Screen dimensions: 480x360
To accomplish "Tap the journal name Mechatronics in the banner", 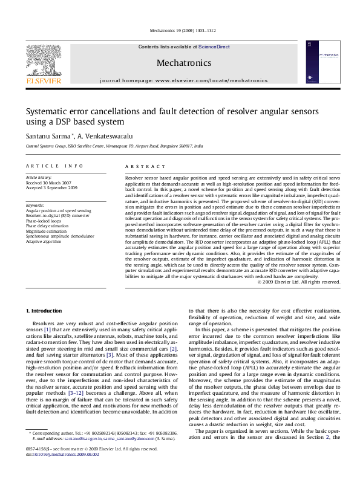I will [183, 62].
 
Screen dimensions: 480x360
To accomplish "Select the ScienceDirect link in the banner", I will [214, 47].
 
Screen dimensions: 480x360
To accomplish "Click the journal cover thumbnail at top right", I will [320, 63].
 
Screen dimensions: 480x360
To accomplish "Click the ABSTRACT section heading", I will [141, 166].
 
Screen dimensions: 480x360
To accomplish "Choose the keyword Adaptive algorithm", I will [44, 241].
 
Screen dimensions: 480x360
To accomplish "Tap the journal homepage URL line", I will [183, 80].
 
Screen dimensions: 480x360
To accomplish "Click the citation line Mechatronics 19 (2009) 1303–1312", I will [180, 30].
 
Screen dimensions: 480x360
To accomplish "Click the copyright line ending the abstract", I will [299, 282].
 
